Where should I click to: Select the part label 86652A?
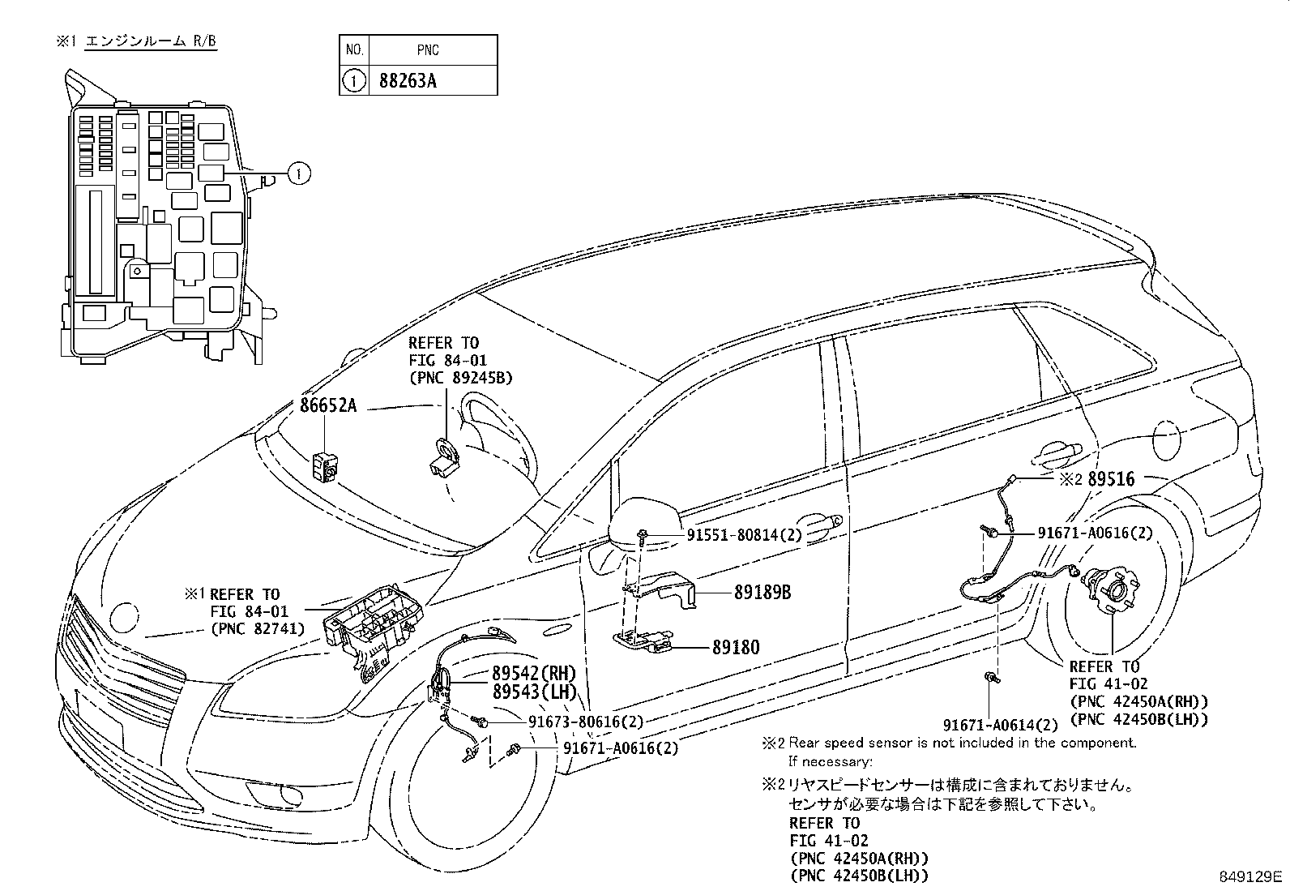point(327,405)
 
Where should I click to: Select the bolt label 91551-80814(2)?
point(743,534)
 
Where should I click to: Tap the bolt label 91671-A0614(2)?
point(1000,725)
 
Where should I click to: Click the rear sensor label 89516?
point(1111,479)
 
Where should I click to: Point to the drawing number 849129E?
point(1251,877)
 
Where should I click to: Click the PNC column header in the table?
point(428,50)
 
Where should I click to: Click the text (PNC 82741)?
point(257,628)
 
